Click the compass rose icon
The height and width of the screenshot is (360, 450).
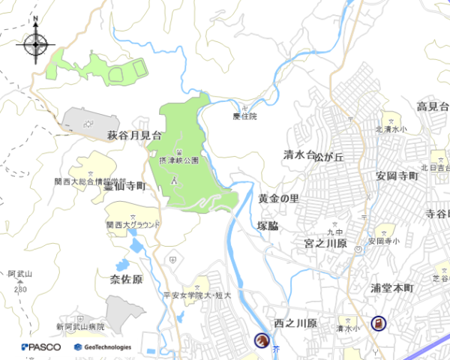[36, 44]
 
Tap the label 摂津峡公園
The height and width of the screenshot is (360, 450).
[178, 160]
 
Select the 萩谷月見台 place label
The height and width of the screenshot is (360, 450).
[134, 136]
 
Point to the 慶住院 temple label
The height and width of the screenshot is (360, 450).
[244, 116]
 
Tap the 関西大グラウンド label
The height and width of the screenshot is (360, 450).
[133, 224]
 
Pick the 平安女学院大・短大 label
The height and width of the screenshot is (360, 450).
[197, 295]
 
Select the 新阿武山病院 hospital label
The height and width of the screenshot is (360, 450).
[80, 327]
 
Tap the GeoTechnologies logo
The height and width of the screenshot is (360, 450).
[103, 347]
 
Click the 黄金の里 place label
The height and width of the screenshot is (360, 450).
[278, 199]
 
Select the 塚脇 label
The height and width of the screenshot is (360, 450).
[268, 225]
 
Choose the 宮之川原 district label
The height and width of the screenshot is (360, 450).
[325, 244]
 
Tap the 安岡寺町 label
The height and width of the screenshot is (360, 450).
[396, 176]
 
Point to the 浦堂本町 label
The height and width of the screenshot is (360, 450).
[391, 288]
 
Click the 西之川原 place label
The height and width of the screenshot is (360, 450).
[295, 323]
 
